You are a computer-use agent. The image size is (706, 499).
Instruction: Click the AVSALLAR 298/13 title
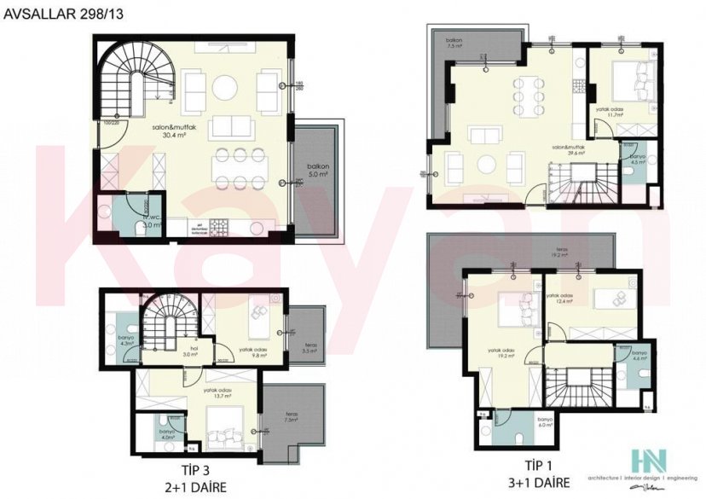[x=53, y=14]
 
